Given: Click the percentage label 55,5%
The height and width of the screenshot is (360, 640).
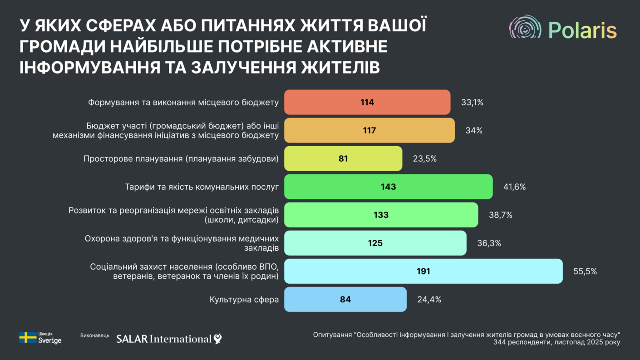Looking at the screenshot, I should click(585, 271).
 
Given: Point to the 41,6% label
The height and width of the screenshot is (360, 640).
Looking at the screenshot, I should click(514, 187).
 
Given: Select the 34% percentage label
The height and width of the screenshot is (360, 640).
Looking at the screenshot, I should click(473, 131).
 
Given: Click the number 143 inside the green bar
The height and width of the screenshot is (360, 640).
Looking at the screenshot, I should click(389, 187).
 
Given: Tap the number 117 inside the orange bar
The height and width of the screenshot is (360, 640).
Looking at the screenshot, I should click(369, 131).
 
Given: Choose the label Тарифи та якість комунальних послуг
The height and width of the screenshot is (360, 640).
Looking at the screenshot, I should click(202, 187).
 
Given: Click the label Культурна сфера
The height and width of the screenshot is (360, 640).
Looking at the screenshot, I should click(244, 300).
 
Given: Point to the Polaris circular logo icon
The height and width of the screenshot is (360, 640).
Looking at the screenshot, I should click(525, 28).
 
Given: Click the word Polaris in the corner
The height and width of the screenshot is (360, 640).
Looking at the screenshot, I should click(582, 30).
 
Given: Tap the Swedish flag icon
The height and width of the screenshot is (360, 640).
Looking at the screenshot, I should click(28, 337).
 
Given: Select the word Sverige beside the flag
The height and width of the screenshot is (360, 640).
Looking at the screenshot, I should click(49, 340).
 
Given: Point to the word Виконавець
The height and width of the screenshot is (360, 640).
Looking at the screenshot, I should click(95, 335).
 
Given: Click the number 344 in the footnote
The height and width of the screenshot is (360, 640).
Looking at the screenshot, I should click(500, 342).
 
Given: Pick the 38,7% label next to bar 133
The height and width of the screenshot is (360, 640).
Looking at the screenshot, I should click(500, 215).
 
